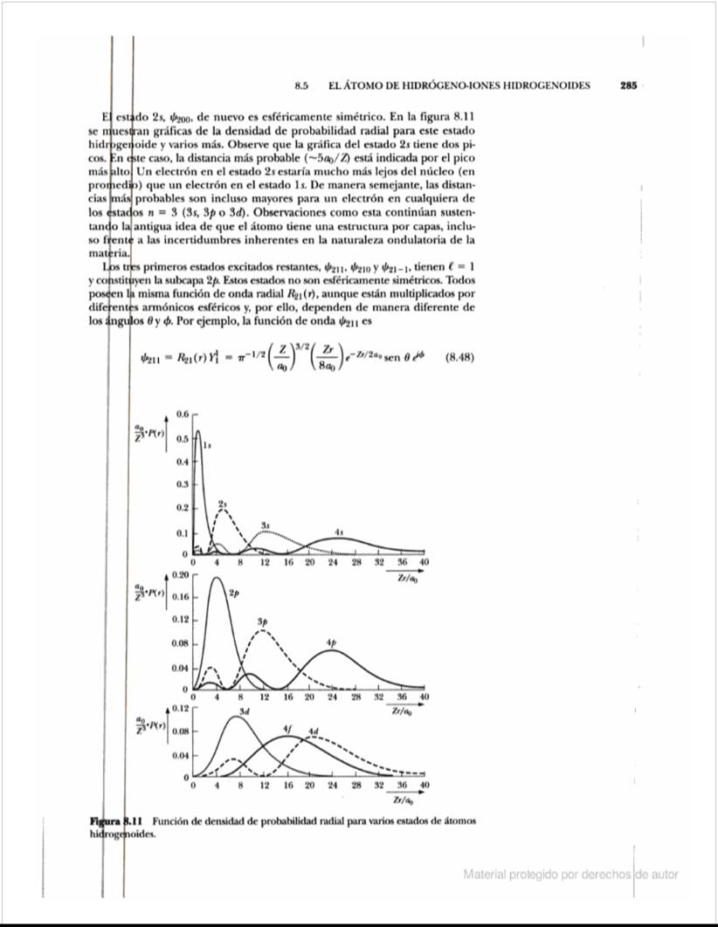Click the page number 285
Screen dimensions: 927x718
(x=629, y=86)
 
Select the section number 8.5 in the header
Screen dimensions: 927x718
(x=304, y=86)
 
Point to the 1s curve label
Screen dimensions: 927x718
(x=207, y=445)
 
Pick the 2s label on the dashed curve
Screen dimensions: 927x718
(x=223, y=505)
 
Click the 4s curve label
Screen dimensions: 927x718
(x=339, y=532)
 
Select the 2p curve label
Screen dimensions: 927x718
(x=232, y=594)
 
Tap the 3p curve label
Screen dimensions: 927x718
(x=262, y=620)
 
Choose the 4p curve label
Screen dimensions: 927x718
(x=331, y=642)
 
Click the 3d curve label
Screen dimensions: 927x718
(x=245, y=712)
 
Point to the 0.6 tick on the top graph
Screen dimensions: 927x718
(x=183, y=413)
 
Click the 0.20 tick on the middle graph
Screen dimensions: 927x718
(x=180, y=576)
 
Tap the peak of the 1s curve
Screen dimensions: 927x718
(x=198, y=430)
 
